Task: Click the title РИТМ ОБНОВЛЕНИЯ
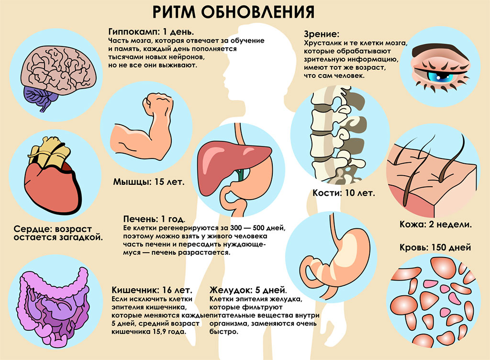(233, 12)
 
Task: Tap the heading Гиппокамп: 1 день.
(151, 32)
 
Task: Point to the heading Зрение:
(321, 34)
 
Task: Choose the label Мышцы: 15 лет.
(148, 182)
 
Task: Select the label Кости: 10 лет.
(344, 193)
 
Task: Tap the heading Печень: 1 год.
(154, 219)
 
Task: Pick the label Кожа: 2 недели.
(435, 225)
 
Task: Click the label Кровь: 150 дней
(435, 247)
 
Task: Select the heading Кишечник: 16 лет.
(152, 290)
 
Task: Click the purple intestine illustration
(53, 308)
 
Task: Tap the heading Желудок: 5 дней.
(248, 290)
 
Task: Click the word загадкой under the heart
(81, 237)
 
